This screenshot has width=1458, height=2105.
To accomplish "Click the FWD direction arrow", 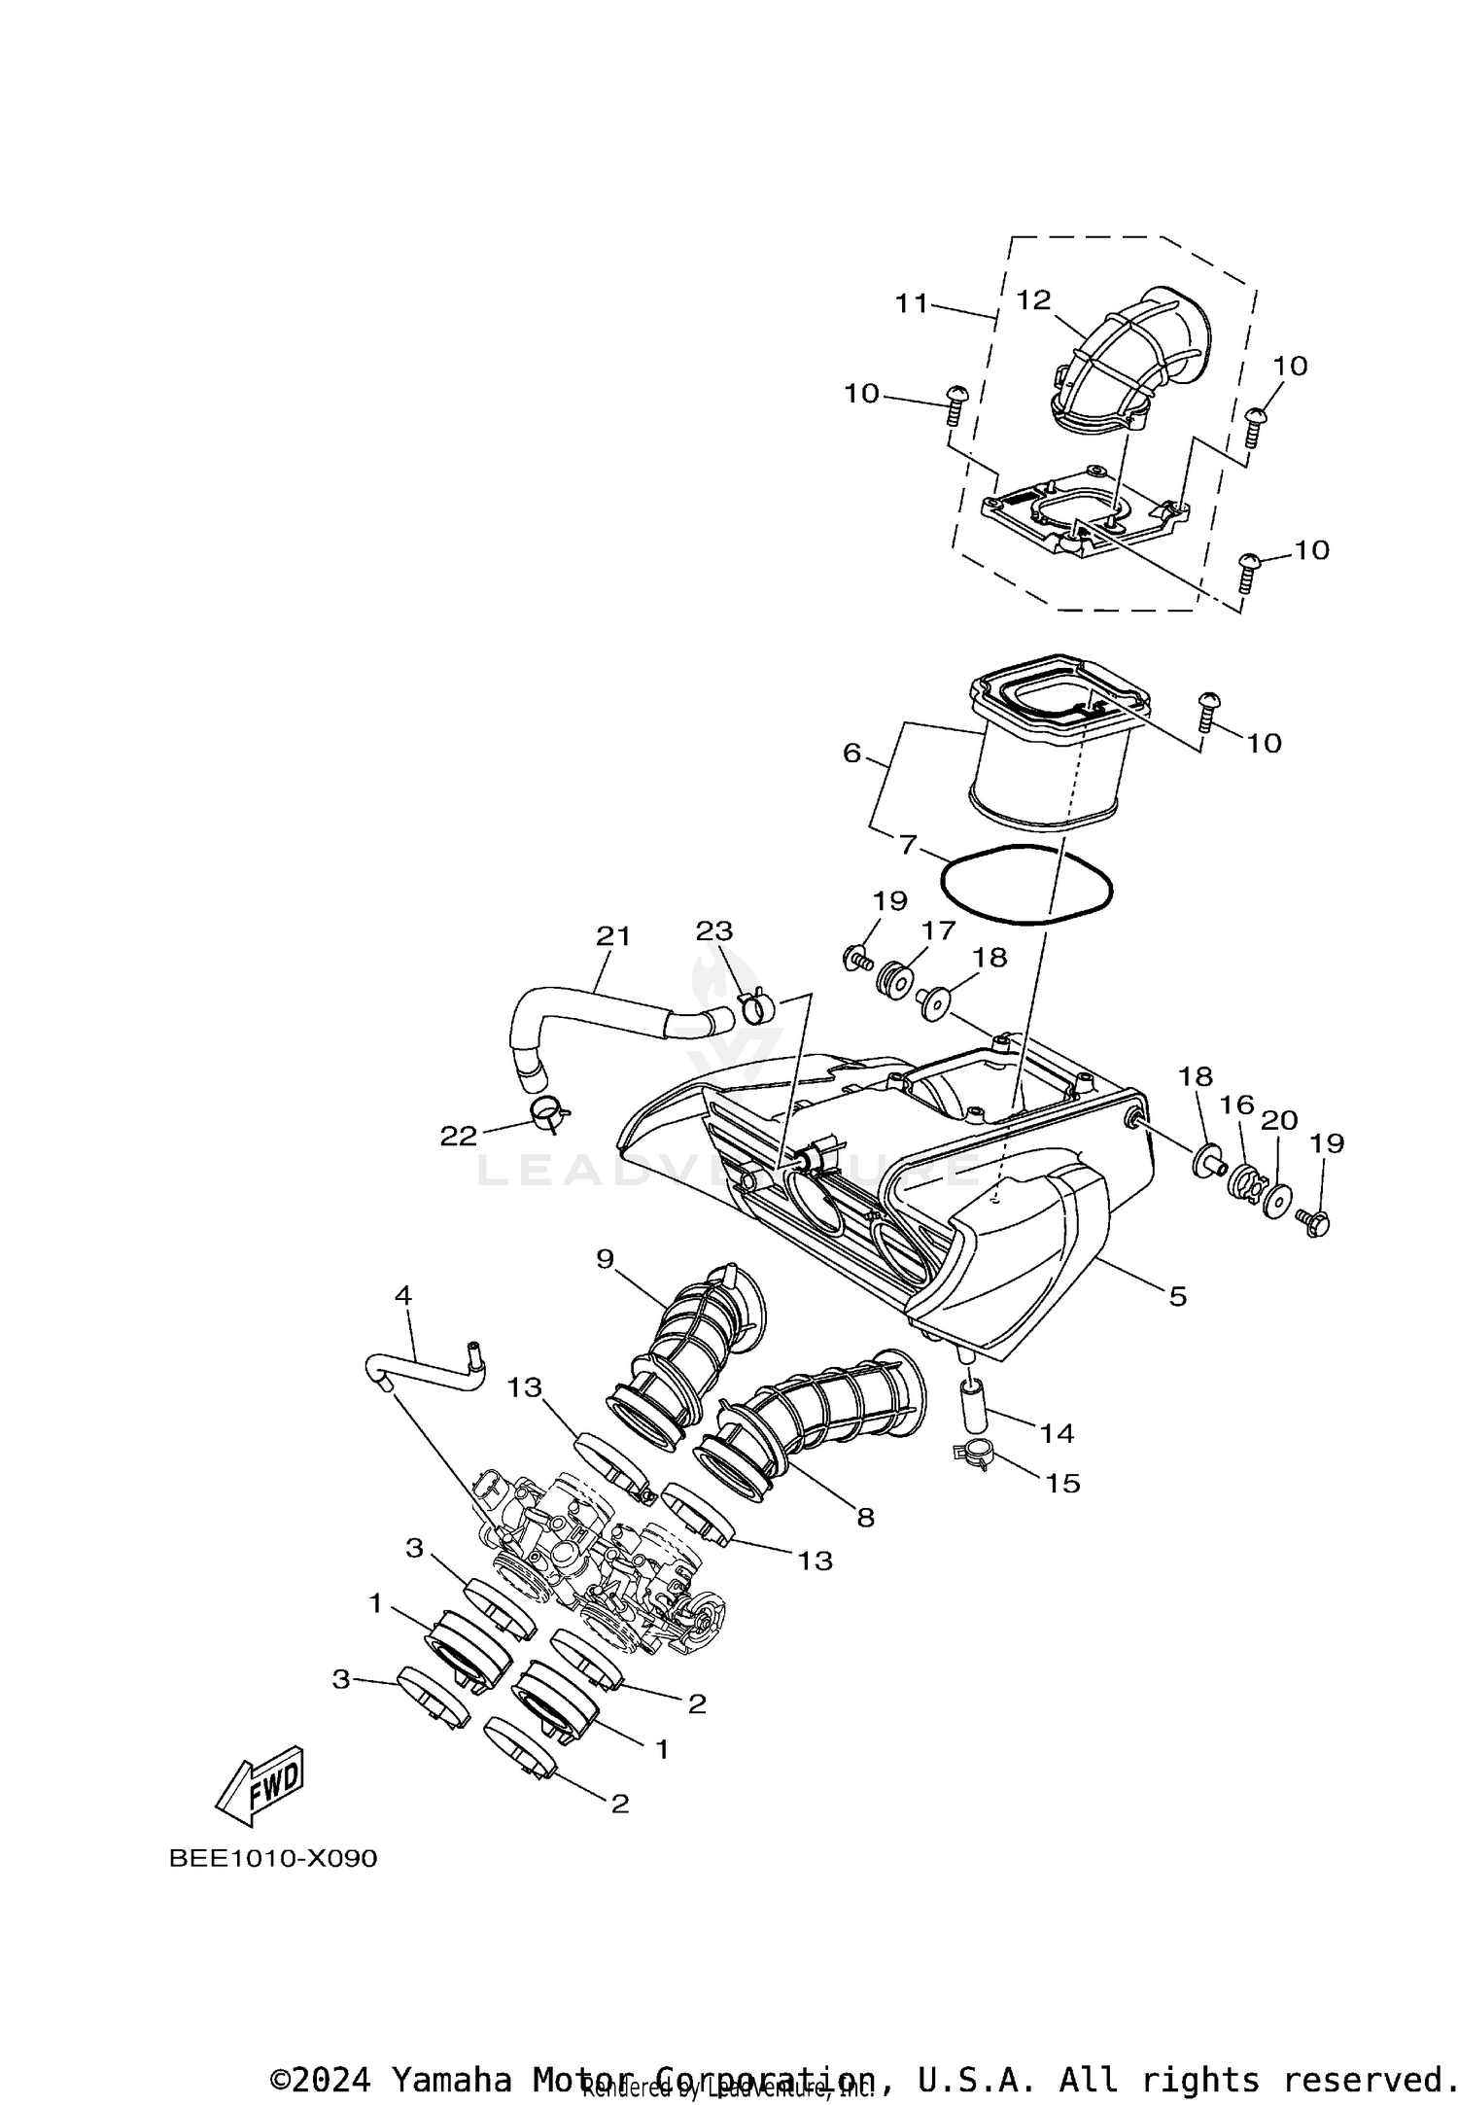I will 260,1787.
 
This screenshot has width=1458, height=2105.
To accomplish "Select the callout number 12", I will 1033,299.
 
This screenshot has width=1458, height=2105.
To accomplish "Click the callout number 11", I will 913,303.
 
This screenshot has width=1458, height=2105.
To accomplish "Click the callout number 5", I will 1177,1295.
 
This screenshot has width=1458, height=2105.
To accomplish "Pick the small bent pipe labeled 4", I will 428,1367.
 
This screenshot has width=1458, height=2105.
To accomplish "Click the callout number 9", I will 606,1259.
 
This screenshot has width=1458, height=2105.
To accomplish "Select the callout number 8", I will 865,1517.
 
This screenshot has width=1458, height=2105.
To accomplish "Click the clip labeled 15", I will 975,1456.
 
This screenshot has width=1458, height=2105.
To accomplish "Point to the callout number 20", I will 1279,1120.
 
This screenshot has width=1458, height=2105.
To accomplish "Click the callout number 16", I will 1236,1105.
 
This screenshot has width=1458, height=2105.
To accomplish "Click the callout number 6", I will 851,753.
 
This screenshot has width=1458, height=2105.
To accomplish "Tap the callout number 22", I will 459,1136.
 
